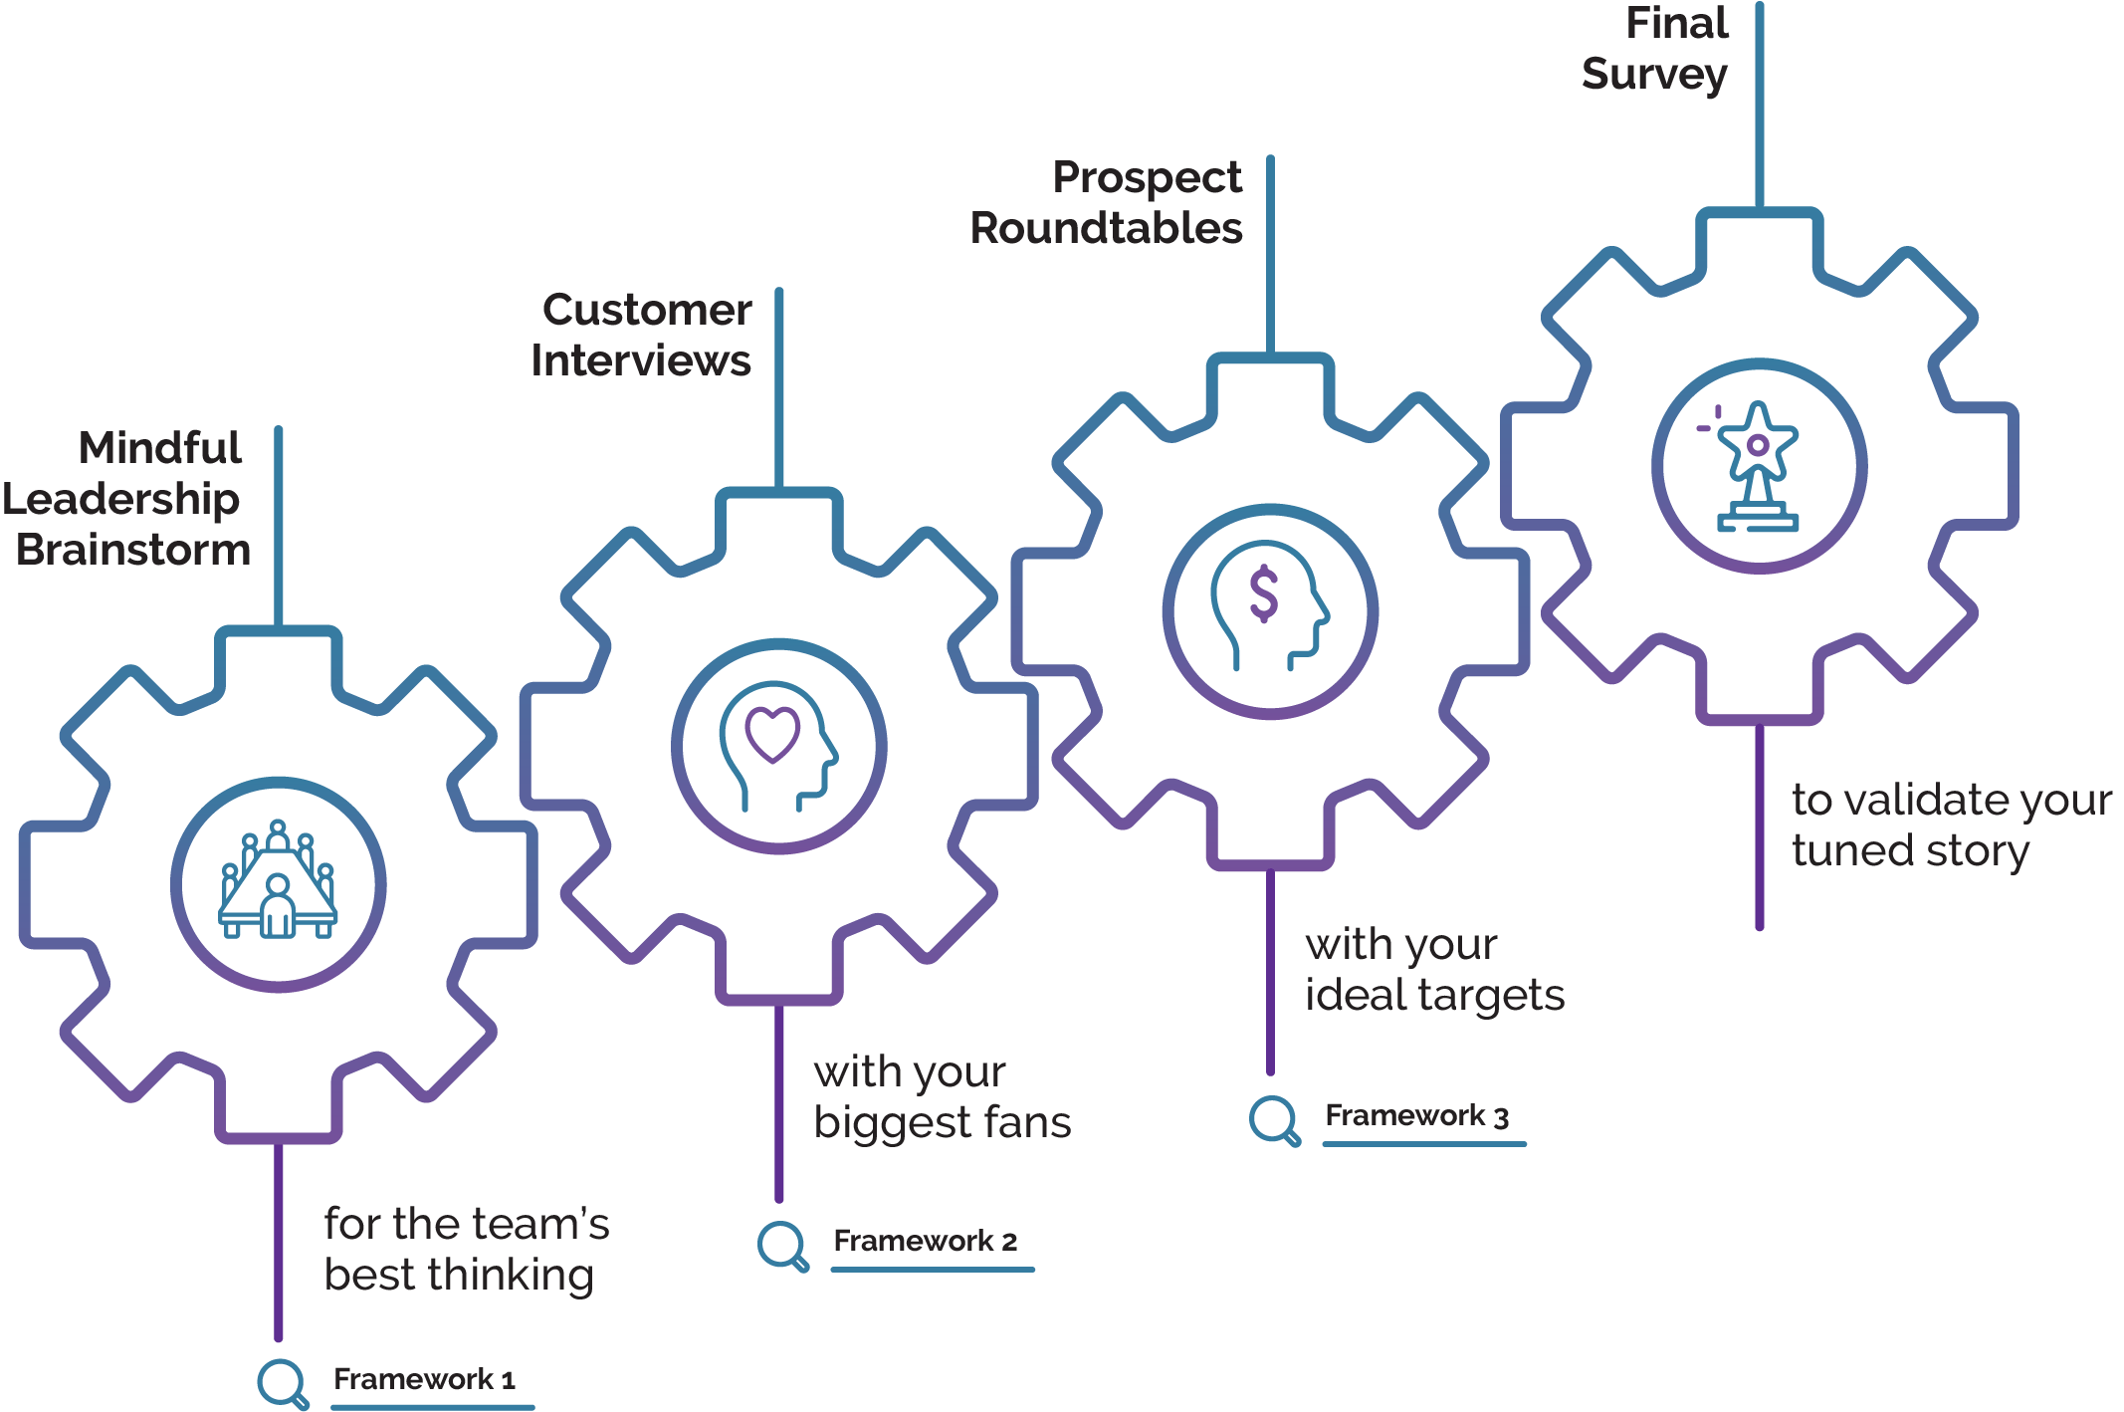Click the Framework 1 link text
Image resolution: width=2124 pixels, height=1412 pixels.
pyautogui.click(x=424, y=1379)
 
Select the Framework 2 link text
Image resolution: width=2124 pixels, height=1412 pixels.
pyautogui.click(x=925, y=1241)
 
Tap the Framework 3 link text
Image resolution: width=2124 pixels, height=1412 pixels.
pyautogui.click(x=1416, y=1115)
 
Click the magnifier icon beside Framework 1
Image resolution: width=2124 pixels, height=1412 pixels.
pyautogui.click(x=283, y=1383)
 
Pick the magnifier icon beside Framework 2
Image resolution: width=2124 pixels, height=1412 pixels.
pyautogui.click(x=782, y=1245)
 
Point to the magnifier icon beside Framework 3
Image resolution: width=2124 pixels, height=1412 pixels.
pyautogui.click(x=1274, y=1120)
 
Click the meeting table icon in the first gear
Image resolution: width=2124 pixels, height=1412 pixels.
pyautogui.click(x=278, y=882)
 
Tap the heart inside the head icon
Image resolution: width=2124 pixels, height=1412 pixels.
pyautogui.click(x=773, y=733)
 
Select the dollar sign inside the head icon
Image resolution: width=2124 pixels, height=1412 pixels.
pyautogui.click(x=1264, y=593)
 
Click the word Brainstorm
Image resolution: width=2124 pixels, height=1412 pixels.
pyautogui.click(x=133, y=550)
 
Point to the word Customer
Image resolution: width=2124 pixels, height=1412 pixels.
pyautogui.click(x=647, y=311)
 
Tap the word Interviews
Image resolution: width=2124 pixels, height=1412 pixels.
pyautogui.click(x=641, y=360)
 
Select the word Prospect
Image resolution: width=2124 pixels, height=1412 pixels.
pyautogui.click(x=1147, y=178)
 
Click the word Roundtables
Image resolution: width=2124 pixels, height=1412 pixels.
pyautogui.click(x=1107, y=229)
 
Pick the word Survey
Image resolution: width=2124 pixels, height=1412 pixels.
pyautogui.click(x=1654, y=75)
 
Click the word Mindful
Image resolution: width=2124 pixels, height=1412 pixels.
pyautogui.click(x=160, y=448)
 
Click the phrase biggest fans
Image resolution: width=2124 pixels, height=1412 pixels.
pyautogui.click(x=942, y=1123)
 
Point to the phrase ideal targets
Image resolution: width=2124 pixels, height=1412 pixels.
pyautogui.click(x=1434, y=996)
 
